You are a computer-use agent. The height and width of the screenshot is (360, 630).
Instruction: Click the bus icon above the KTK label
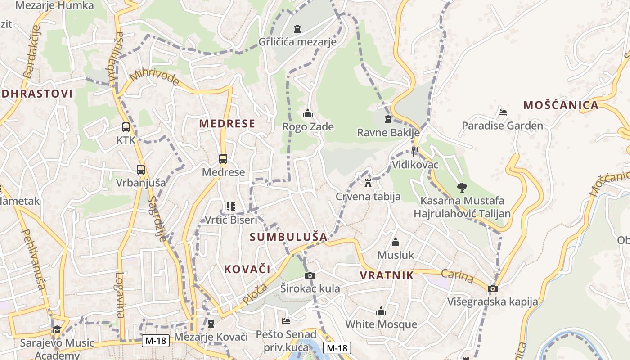tap(126, 127)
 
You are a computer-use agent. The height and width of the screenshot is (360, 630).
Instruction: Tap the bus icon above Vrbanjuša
tap(141, 170)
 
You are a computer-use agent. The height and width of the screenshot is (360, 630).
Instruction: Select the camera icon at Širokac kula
tap(310, 275)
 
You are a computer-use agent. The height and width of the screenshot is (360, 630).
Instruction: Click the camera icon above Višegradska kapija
tap(493, 288)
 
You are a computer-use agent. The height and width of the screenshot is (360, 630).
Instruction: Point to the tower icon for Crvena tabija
tap(368, 183)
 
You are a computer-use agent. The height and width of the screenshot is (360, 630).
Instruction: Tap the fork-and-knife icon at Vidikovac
tap(415, 151)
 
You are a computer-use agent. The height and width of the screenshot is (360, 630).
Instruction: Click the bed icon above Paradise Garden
tap(503, 112)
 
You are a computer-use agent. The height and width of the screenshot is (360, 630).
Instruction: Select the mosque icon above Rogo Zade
tap(308, 113)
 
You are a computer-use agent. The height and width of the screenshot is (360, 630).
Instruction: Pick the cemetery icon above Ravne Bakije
tap(388, 119)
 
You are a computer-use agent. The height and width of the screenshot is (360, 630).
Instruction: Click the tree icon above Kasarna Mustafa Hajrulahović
tap(462, 187)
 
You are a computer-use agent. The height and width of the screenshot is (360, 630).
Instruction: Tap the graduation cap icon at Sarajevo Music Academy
tap(57, 330)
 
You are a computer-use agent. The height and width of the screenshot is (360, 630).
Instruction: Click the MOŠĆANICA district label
tap(561, 105)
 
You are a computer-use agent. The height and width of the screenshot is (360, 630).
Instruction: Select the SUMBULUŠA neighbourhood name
tap(288, 237)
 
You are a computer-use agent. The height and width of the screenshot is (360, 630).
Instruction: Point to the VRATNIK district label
tap(387, 275)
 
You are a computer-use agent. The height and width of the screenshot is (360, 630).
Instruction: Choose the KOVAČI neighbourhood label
tap(247, 269)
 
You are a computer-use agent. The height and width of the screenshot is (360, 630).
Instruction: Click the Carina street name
tap(457, 275)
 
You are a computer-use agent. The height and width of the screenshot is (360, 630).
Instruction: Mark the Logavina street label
tap(120, 295)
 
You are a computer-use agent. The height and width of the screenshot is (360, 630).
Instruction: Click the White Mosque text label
tap(381, 324)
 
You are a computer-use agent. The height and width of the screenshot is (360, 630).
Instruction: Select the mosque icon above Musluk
tap(396, 242)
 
